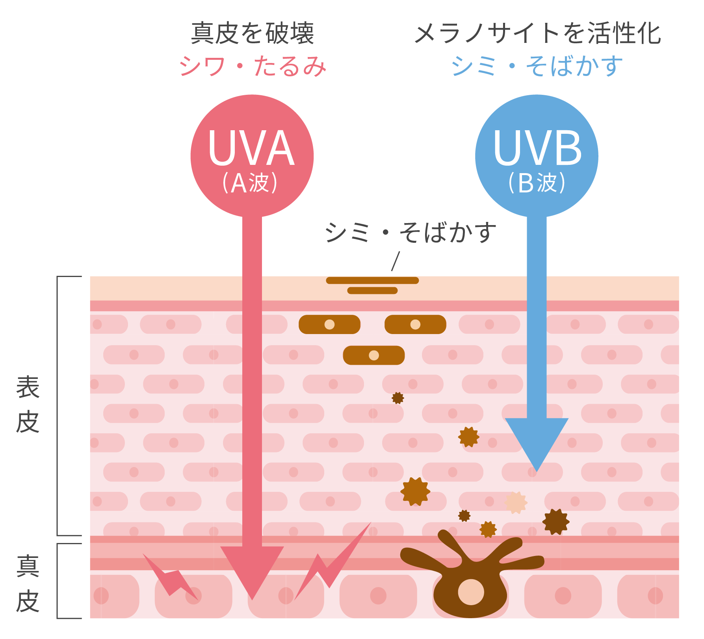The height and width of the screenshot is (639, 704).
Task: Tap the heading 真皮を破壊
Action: point(253,33)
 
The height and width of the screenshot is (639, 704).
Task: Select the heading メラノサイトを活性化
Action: point(537,33)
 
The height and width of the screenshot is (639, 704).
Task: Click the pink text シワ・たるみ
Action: point(253,66)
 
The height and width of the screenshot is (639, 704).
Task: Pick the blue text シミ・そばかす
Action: point(537,66)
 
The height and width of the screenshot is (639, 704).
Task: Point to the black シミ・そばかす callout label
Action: point(410,232)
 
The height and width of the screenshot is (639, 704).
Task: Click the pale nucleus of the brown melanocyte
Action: point(471,592)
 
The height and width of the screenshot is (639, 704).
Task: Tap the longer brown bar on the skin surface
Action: point(372,281)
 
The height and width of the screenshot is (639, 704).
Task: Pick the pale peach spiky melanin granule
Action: point(516,502)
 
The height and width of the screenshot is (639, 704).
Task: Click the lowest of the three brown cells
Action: point(374,355)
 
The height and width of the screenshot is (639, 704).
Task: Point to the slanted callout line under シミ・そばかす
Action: point(396,261)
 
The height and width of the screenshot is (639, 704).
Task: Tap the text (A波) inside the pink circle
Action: point(251,183)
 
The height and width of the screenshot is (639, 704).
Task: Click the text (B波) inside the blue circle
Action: point(537,183)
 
